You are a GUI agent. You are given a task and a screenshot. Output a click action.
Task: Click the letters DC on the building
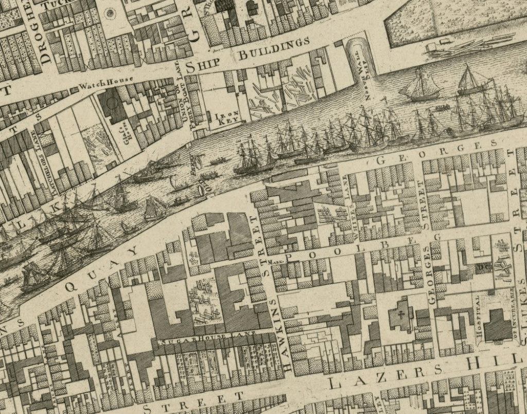[x=484, y=267]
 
